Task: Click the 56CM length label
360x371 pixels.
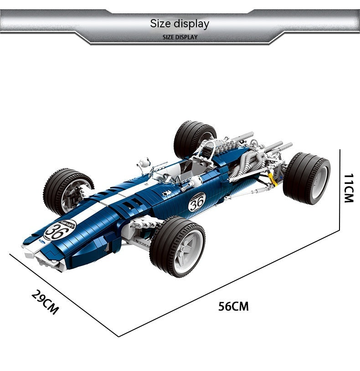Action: pos(233,306)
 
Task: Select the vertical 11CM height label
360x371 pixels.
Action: pos(349,188)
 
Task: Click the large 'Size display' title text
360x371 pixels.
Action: pos(180,24)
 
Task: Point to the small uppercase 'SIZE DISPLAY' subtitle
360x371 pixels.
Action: pos(180,37)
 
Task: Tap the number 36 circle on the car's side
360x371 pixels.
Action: pos(197,202)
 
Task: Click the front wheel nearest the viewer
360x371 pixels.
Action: pos(178,246)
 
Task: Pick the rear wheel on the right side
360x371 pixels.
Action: pos(307,178)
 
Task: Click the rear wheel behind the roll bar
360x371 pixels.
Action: pos(194,138)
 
